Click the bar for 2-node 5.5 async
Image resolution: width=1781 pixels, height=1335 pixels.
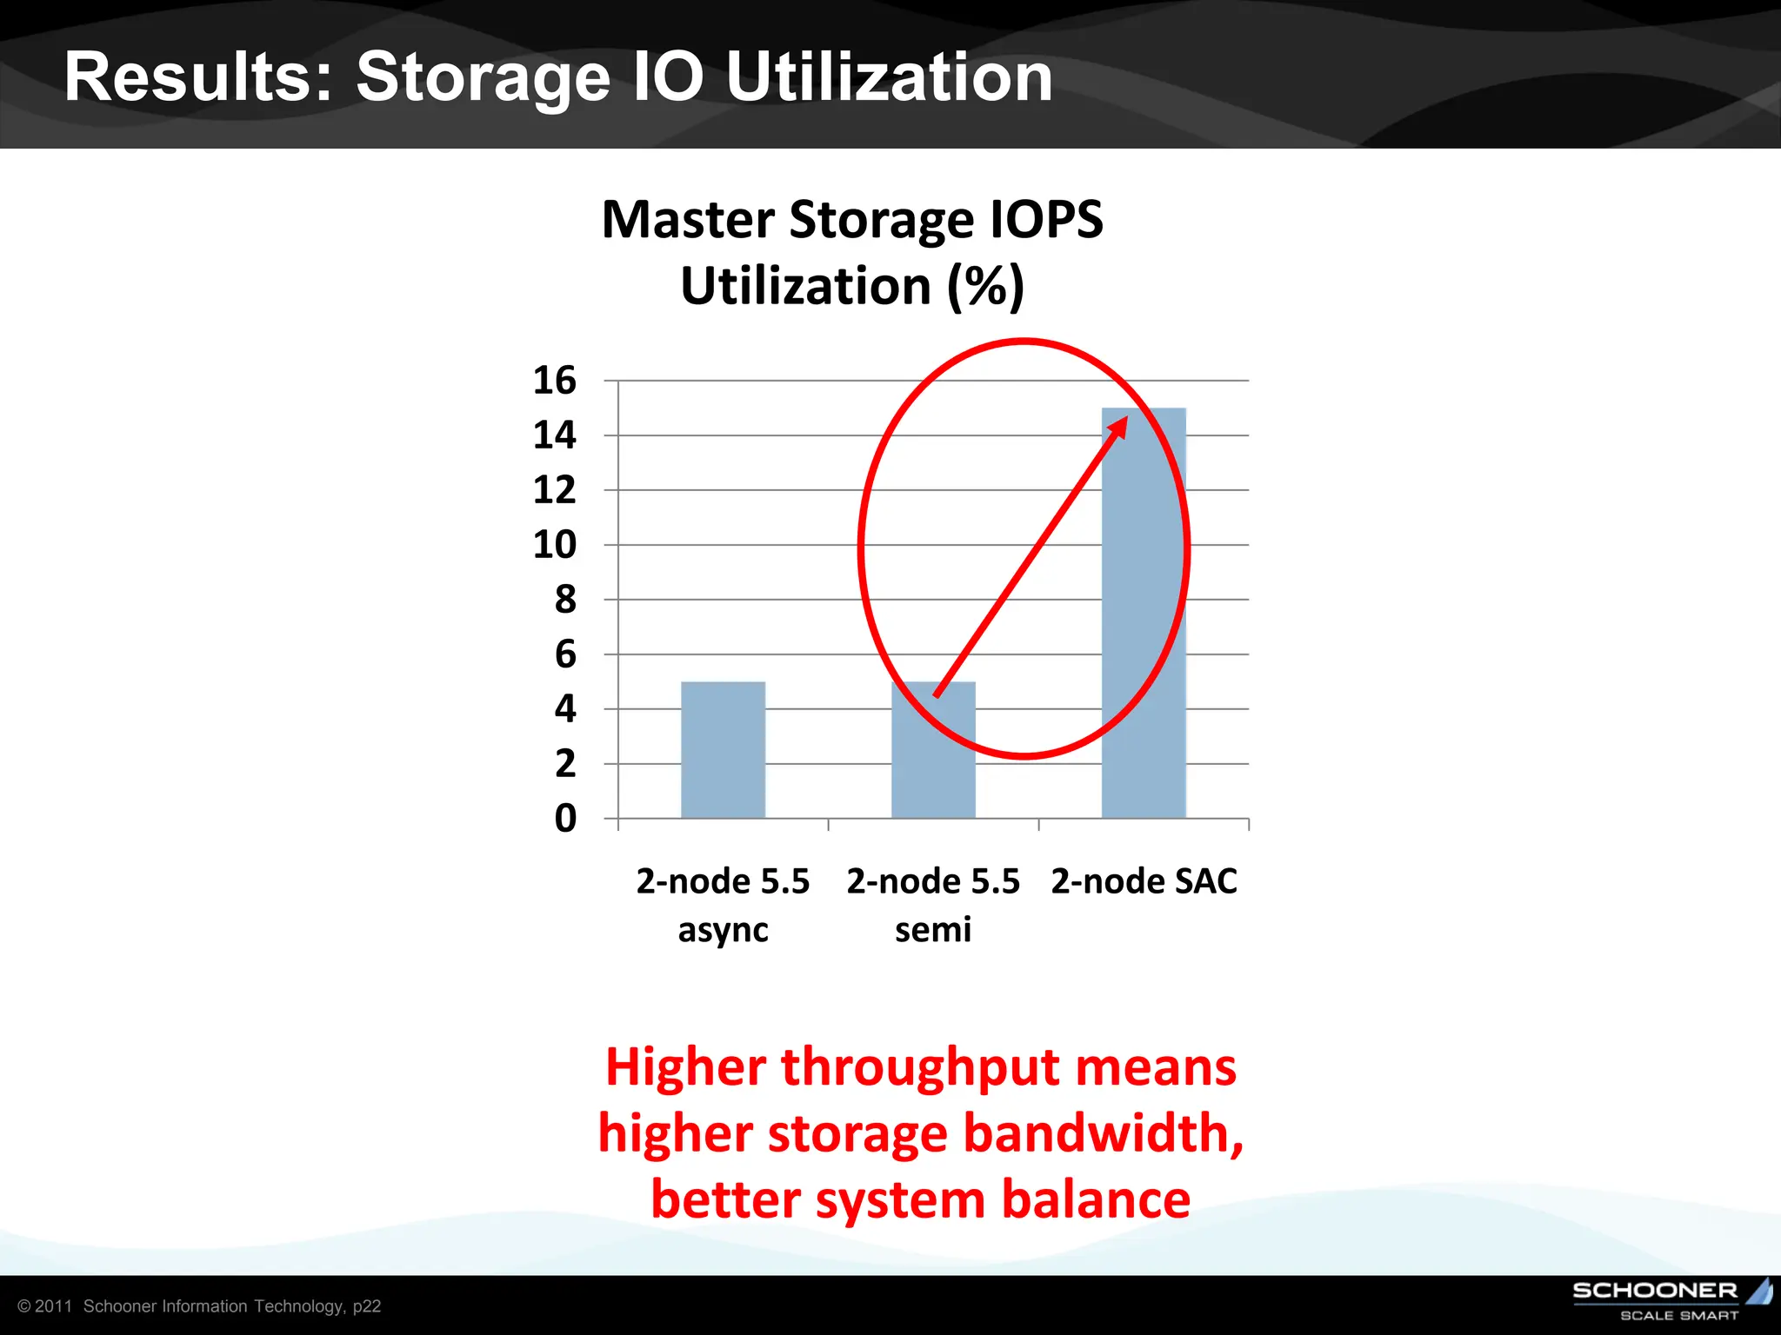[723, 749]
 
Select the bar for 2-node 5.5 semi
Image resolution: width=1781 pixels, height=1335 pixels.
[933, 749]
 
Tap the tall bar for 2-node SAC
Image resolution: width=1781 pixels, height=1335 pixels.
[1144, 613]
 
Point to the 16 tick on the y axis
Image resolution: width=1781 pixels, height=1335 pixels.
[555, 381]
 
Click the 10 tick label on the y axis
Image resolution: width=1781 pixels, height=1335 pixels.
[555, 545]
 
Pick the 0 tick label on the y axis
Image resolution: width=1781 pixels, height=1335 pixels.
[565, 819]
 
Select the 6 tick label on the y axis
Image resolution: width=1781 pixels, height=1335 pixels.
[565, 654]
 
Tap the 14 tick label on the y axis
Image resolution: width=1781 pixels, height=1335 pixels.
[555, 435]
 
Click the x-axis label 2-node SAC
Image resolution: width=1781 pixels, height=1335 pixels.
[1144, 881]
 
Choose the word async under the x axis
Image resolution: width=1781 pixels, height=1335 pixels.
[723, 930]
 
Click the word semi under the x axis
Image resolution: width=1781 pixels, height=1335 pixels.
[933, 930]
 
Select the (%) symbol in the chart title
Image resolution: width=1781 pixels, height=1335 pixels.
[985, 286]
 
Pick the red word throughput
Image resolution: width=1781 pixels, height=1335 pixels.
[921, 1066]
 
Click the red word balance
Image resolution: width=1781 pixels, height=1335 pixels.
[1096, 1199]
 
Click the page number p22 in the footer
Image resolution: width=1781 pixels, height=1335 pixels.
[367, 1306]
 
